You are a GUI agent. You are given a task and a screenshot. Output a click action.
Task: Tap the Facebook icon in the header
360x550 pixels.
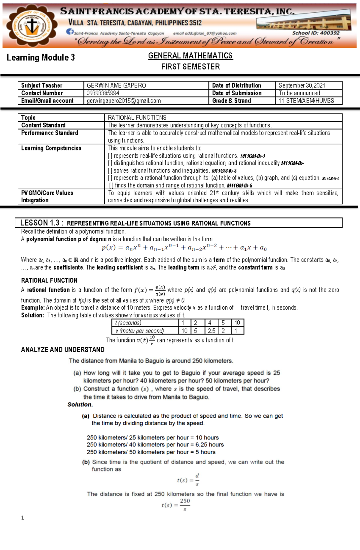coord(70,32)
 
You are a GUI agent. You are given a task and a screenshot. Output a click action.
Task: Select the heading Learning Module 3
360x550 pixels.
coord(41,58)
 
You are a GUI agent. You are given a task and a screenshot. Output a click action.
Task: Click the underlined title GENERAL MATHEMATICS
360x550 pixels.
coord(190,56)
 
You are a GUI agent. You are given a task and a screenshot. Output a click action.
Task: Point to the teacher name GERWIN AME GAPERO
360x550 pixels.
coord(116,85)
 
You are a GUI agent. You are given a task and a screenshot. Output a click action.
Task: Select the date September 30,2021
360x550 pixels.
coord(301,85)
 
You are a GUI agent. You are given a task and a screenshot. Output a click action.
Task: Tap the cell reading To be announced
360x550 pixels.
coord(299,93)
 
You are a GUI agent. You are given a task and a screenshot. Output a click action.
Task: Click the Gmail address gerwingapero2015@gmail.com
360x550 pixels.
coord(124,101)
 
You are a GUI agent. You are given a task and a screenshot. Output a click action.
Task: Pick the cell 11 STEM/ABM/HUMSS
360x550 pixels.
coord(306,101)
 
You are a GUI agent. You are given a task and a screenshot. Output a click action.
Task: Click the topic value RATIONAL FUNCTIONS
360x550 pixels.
coord(137,117)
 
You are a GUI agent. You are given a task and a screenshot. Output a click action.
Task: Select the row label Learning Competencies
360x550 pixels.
coord(51,148)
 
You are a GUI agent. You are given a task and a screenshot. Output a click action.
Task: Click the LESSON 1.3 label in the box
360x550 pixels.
coord(41,223)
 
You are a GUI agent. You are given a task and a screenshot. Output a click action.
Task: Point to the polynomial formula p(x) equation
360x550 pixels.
coord(184,248)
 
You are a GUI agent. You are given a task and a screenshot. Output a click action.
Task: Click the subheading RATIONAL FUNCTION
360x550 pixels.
coord(49,281)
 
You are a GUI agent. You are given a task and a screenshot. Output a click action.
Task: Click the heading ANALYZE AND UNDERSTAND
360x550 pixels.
coord(63,350)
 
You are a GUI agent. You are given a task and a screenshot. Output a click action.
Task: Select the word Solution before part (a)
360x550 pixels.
coord(80,405)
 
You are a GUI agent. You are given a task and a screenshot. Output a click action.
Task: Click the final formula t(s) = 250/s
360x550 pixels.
coord(176,505)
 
